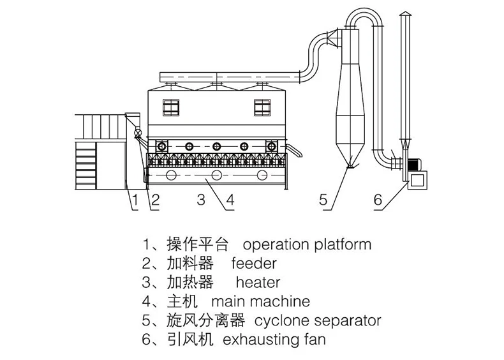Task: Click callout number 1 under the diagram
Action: coord(135,201)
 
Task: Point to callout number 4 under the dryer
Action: coord(230,201)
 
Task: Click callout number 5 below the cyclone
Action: coord(323,201)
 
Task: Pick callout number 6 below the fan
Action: coord(378,201)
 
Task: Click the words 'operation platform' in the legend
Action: coord(307,244)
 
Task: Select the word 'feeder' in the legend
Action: coord(254,263)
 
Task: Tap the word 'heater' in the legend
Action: coord(258,282)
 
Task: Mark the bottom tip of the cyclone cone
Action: coord(348,167)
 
